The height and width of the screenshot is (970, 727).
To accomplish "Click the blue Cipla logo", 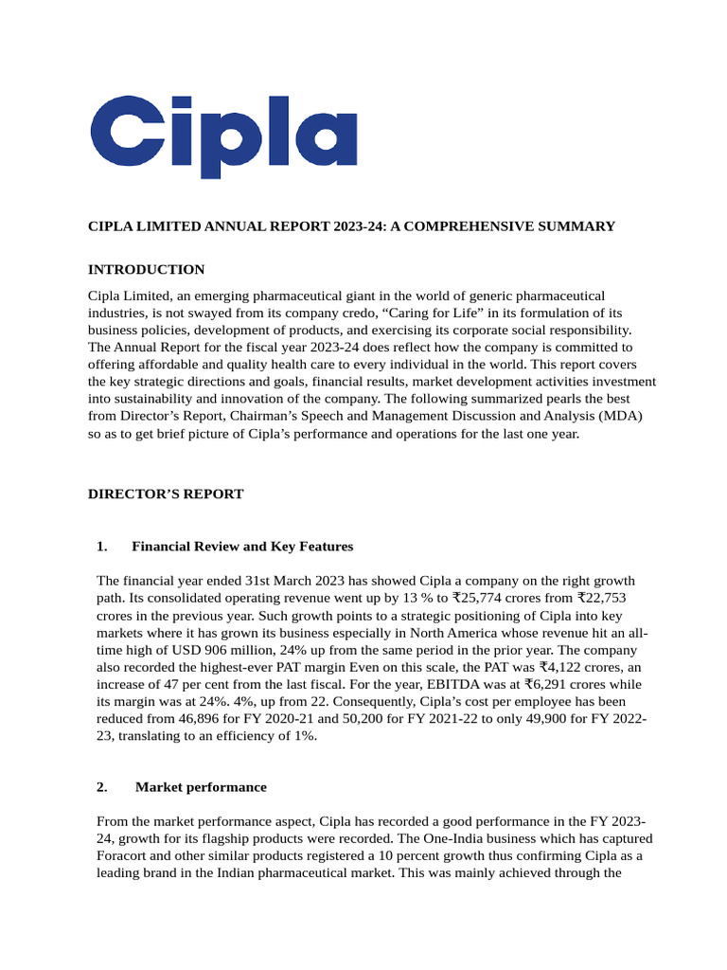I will pyautogui.click(x=223, y=135).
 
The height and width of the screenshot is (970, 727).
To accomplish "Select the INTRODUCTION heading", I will pyautogui.click(x=146, y=270).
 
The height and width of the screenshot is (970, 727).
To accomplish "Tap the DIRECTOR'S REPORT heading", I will pyautogui.click(x=166, y=494).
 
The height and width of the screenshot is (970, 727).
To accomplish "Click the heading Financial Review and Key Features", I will pyautogui.click(x=242, y=547).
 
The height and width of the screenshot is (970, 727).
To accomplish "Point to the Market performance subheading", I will pyautogui.click(x=201, y=787).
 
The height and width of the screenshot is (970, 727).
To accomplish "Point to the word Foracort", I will pyautogui.click(x=127, y=856).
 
